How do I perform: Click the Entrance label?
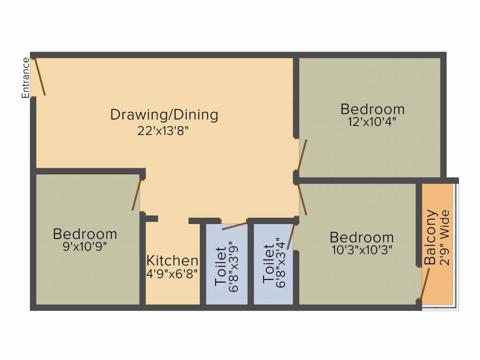(26, 78)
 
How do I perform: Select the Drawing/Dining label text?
(164, 114)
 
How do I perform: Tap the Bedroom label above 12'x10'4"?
(373, 109)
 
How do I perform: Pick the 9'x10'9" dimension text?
(84, 247)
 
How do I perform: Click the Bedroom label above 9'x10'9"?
(85, 233)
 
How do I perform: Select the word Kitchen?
(172, 261)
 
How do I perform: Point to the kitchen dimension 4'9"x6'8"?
(172, 274)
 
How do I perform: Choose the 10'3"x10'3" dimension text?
(362, 250)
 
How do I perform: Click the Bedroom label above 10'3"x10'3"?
(361, 237)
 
